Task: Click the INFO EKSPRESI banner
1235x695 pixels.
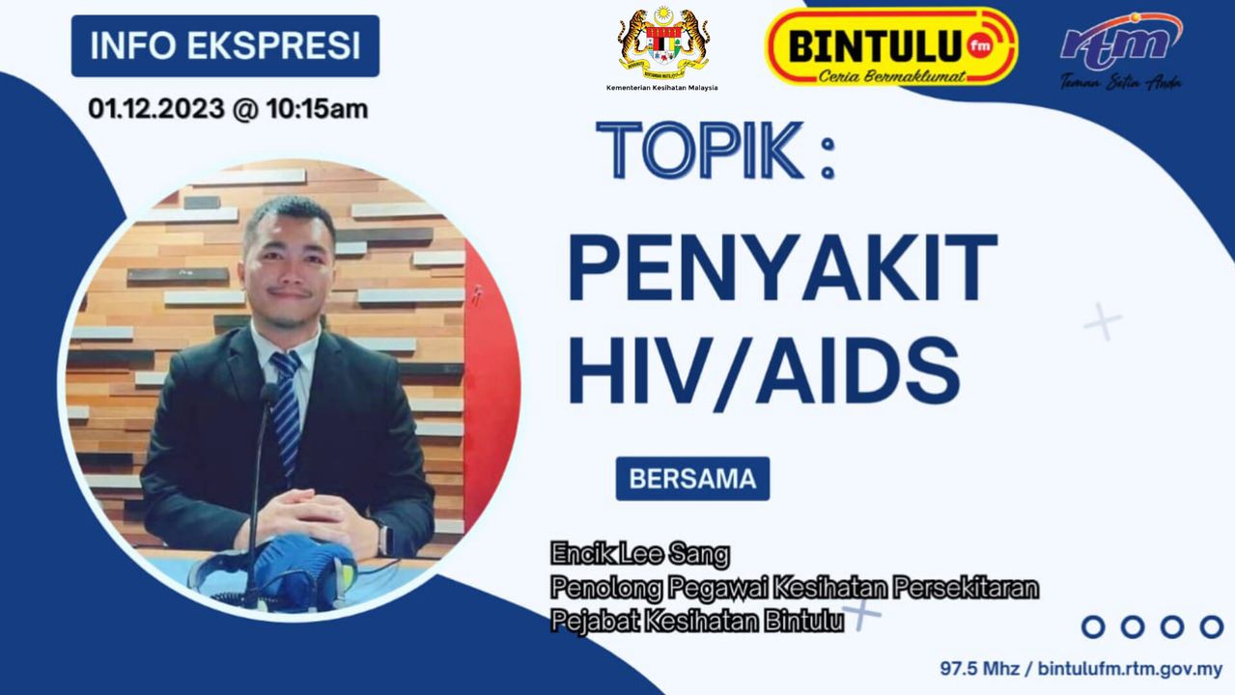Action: point(225,45)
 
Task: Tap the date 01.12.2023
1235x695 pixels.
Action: point(156,108)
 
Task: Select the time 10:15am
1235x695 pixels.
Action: point(317,108)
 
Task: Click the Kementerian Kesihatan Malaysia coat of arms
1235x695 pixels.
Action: point(663,43)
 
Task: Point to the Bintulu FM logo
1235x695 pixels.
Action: point(891,46)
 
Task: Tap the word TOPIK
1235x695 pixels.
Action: point(699,150)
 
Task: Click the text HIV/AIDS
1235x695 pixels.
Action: point(765,371)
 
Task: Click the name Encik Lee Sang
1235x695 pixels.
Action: point(640,554)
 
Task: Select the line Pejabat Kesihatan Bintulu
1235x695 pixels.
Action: point(697,621)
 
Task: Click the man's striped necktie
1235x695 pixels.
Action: point(286,413)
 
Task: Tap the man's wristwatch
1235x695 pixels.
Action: point(385,538)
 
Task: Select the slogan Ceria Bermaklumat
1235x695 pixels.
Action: point(891,76)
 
